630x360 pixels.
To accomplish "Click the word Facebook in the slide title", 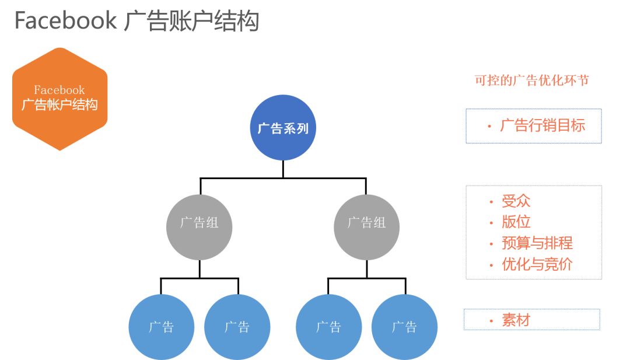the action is pos(65,20).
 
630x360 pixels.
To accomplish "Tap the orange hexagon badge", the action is pos(60,99).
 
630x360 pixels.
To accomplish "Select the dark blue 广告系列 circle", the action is pos(283,128).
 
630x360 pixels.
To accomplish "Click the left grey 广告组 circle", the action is pos(199,227).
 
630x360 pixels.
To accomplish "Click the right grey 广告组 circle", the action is pos(366,227).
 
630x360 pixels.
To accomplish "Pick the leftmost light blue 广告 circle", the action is pos(161,327).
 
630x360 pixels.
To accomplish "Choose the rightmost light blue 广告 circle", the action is pos(404,327).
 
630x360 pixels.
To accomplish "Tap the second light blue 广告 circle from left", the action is pos(237,327).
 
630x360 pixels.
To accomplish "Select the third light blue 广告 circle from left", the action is pos(328,327).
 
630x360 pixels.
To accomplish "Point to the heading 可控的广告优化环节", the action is pos(531,81).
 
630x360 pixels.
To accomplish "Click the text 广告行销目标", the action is pos(542,125).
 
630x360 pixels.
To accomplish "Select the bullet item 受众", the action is pos(516,201).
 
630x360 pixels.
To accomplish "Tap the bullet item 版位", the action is pos(516,222).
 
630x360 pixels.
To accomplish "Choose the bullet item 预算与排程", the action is pos(537,243).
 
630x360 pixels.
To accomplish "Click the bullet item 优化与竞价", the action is pos(537,264).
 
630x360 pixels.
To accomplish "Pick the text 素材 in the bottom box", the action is pos(516,320).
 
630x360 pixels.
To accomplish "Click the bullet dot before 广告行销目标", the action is pos(489,127).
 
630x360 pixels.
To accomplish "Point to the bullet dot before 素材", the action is pos(491,321).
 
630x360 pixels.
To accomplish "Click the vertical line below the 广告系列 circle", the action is pos(283,169).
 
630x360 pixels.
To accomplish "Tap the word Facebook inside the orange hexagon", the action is pos(60,90).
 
